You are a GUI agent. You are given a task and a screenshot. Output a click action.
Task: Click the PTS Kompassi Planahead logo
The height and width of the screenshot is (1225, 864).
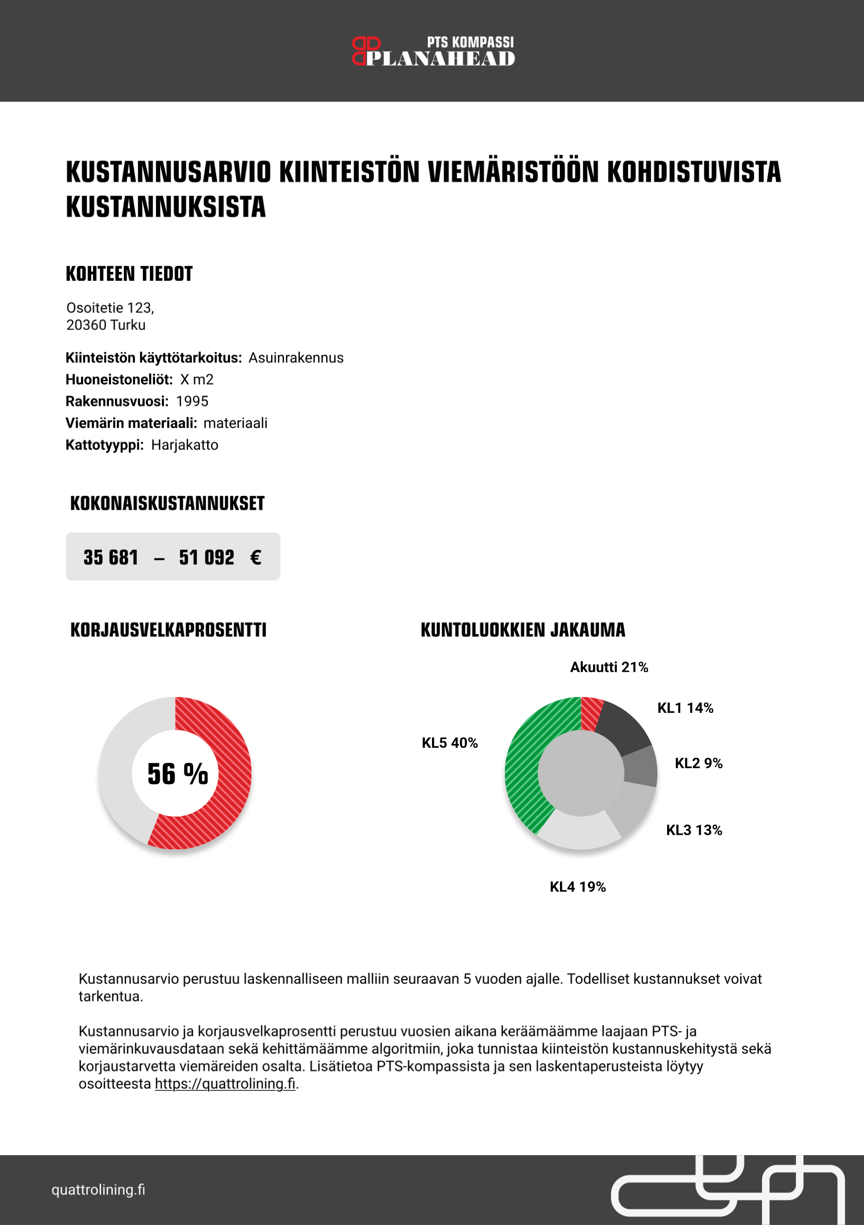pos(433,51)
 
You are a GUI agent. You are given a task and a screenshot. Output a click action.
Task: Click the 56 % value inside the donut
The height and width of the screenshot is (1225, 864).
pos(178,774)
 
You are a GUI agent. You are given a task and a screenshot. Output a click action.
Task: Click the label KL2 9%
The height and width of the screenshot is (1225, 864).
pos(698,763)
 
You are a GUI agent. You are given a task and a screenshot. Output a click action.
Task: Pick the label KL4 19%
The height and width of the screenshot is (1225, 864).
pos(578,887)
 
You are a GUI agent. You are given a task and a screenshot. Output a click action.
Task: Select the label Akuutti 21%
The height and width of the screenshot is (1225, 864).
pos(608,667)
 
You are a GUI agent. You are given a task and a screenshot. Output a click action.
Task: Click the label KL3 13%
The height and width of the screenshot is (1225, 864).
pos(694,830)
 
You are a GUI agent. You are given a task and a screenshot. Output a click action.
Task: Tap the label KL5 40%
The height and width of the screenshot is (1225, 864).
pos(450,743)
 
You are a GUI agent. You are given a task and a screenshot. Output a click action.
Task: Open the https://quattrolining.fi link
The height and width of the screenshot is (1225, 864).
pos(225,1083)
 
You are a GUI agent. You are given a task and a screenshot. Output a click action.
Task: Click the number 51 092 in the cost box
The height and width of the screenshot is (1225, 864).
pos(206,557)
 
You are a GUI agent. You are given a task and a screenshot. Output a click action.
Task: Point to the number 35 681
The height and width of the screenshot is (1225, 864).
pos(111,557)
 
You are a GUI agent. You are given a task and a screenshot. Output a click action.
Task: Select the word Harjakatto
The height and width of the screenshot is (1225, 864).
pos(184,445)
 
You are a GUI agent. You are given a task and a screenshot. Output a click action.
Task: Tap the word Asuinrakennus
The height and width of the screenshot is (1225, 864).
pos(296,358)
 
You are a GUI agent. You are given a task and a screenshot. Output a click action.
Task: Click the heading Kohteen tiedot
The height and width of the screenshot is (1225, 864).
pos(129,274)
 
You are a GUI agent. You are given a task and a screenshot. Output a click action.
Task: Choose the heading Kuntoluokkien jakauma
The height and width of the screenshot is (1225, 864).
pos(523,629)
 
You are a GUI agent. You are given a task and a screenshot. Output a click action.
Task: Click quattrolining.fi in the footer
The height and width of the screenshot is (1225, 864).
pos(98,1190)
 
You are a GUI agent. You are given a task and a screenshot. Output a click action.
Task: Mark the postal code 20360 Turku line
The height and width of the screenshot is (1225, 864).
pos(106,325)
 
